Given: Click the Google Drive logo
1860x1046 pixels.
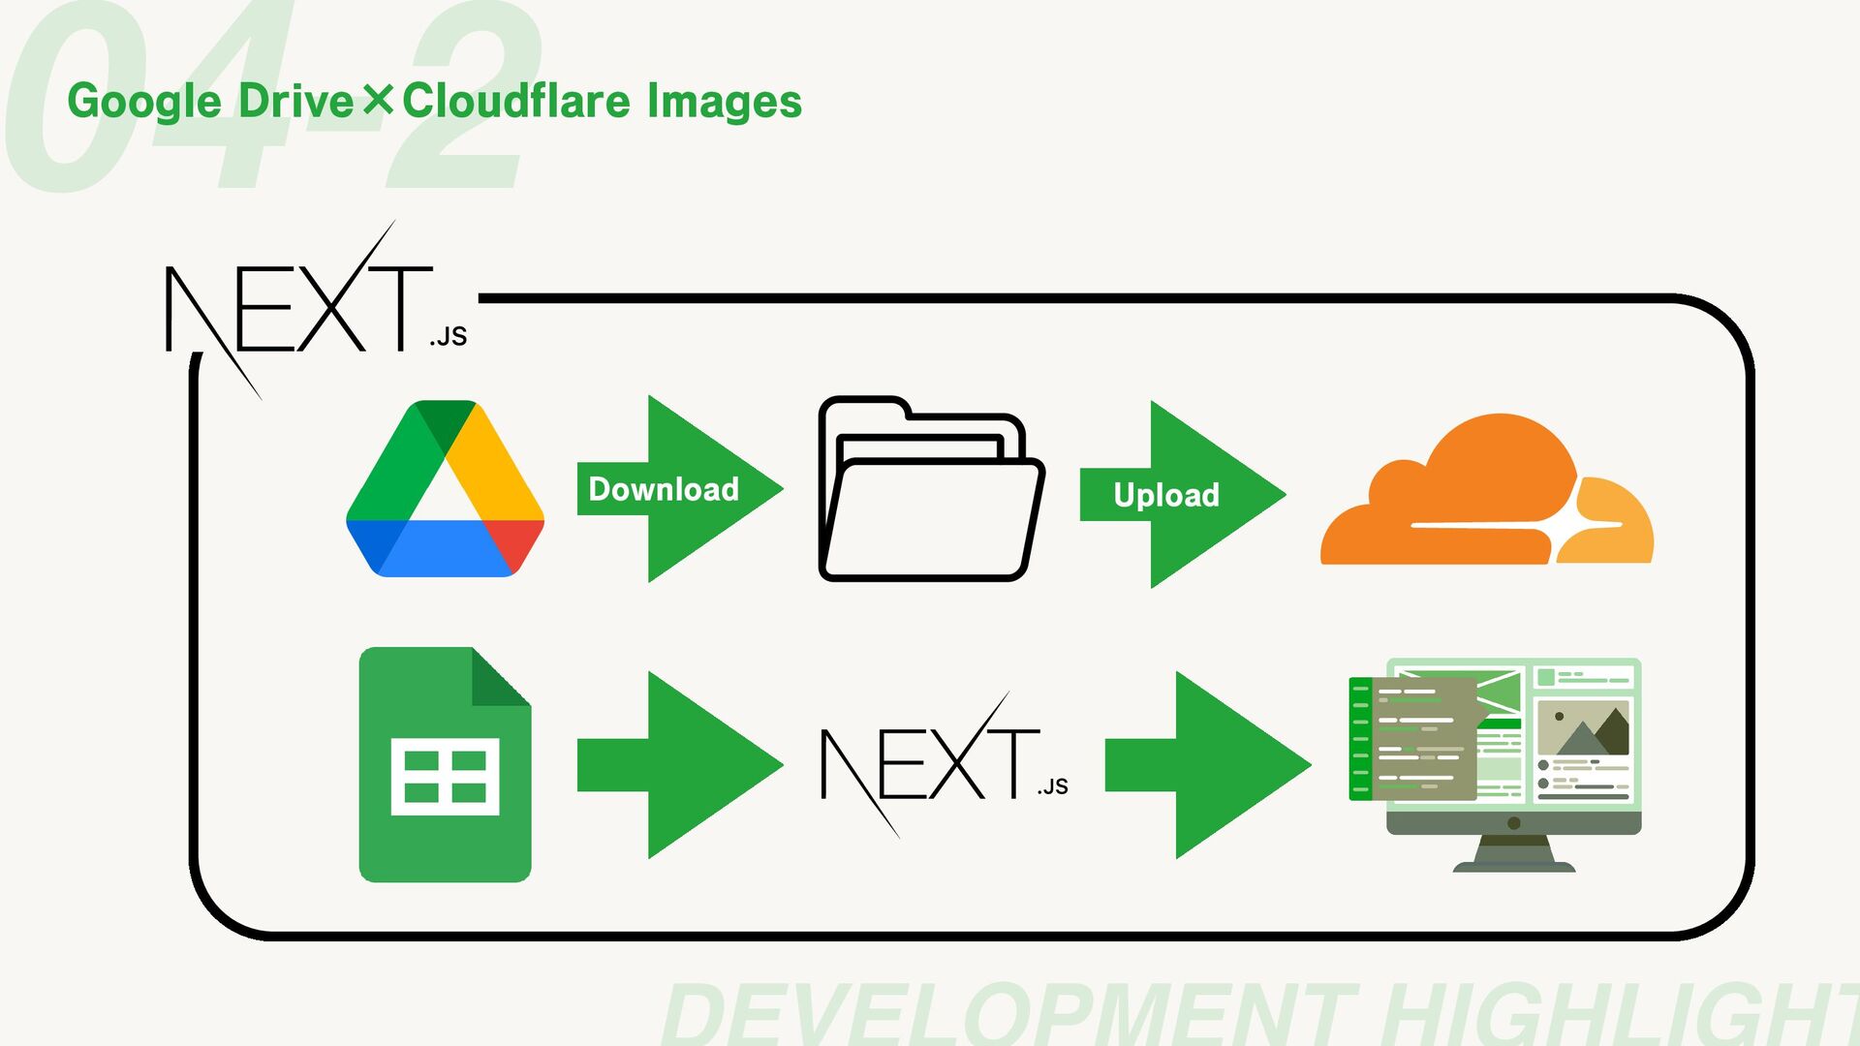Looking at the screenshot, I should [445, 490].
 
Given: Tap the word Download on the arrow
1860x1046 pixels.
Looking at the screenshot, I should [664, 490].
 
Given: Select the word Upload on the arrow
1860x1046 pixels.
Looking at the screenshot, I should [1166, 496].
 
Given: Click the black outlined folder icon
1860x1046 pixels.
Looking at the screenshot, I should [930, 490].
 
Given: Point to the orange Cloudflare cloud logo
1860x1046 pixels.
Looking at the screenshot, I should [1486, 494].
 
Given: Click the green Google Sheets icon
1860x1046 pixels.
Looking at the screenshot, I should [445, 765].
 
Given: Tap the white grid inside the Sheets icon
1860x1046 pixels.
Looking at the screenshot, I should [445, 777].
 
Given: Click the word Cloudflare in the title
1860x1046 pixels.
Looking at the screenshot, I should [517, 101].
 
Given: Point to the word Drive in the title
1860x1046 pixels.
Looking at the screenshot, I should [296, 101].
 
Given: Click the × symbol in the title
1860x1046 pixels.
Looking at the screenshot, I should [379, 100].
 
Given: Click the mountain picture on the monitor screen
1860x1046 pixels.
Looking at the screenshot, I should [1583, 730].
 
